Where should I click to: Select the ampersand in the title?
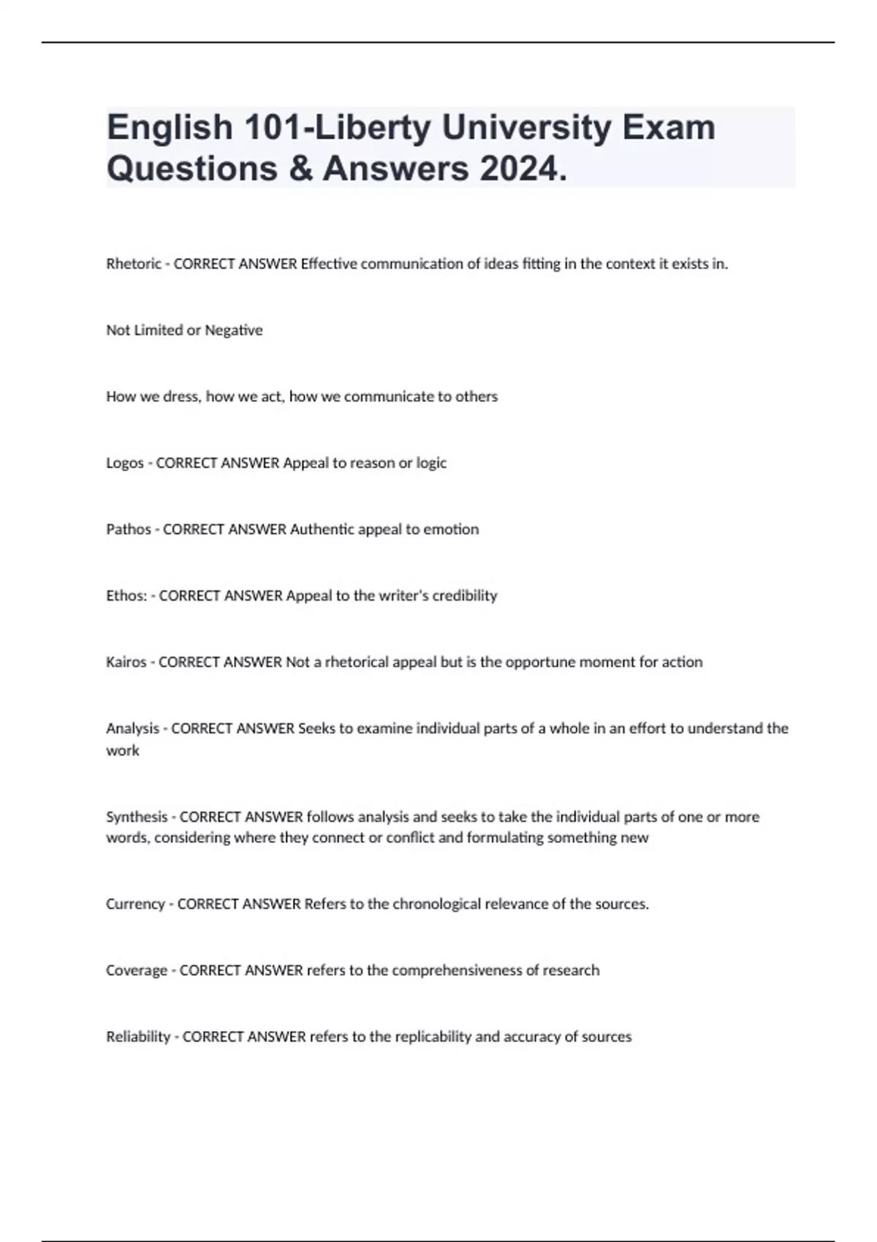pos(300,169)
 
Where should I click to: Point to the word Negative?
pos(233,330)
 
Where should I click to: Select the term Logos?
pos(125,463)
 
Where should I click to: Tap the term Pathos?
pos(129,529)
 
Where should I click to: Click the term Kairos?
pos(126,662)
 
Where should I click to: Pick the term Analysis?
pos(132,728)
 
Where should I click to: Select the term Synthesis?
pos(137,817)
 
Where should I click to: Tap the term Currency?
pos(135,904)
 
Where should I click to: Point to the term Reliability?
pos(138,1037)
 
